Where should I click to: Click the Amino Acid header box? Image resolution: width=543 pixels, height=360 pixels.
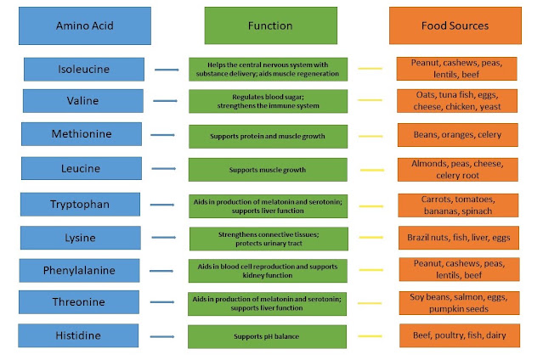(x=85, y=26)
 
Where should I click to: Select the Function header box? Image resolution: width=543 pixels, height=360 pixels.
(x=271, y=25)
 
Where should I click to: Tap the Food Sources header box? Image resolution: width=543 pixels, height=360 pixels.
(x=455, y=25)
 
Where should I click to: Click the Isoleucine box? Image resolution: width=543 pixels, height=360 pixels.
(x=84, y=70)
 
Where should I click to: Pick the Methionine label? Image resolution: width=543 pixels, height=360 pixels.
(x=82, y=134)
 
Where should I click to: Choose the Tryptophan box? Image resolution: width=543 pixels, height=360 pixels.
(x=81, y=205)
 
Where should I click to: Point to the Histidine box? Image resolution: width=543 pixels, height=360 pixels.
(x=78, y=335)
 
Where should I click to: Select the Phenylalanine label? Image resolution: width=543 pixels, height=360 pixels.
(x=79, y=270)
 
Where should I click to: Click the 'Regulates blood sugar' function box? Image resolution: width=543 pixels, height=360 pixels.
(x=268, y=101)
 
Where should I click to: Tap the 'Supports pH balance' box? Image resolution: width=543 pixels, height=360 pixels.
(x=267, y=336)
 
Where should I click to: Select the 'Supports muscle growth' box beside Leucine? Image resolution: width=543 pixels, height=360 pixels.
(x=268, y=170)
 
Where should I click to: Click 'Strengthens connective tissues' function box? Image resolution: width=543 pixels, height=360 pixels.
(x=269, y=239)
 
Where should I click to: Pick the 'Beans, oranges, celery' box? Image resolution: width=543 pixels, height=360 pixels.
(x=458, y=135)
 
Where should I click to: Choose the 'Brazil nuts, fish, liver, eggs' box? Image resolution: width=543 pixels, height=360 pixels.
(x=459, y=238)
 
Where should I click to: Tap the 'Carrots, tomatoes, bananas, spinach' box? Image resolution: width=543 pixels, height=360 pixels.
(x=458, y=205)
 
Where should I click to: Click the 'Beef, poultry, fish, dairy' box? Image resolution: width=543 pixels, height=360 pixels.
(x=460, y=335)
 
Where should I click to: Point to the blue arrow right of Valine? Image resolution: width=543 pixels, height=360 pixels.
(x=165, y=101)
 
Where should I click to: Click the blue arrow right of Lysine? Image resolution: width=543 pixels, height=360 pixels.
(x=164, y=238)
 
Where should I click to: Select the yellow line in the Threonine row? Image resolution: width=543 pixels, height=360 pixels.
(x=370, y=303)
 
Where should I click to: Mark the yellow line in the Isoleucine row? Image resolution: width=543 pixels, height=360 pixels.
(x=370, y=69)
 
